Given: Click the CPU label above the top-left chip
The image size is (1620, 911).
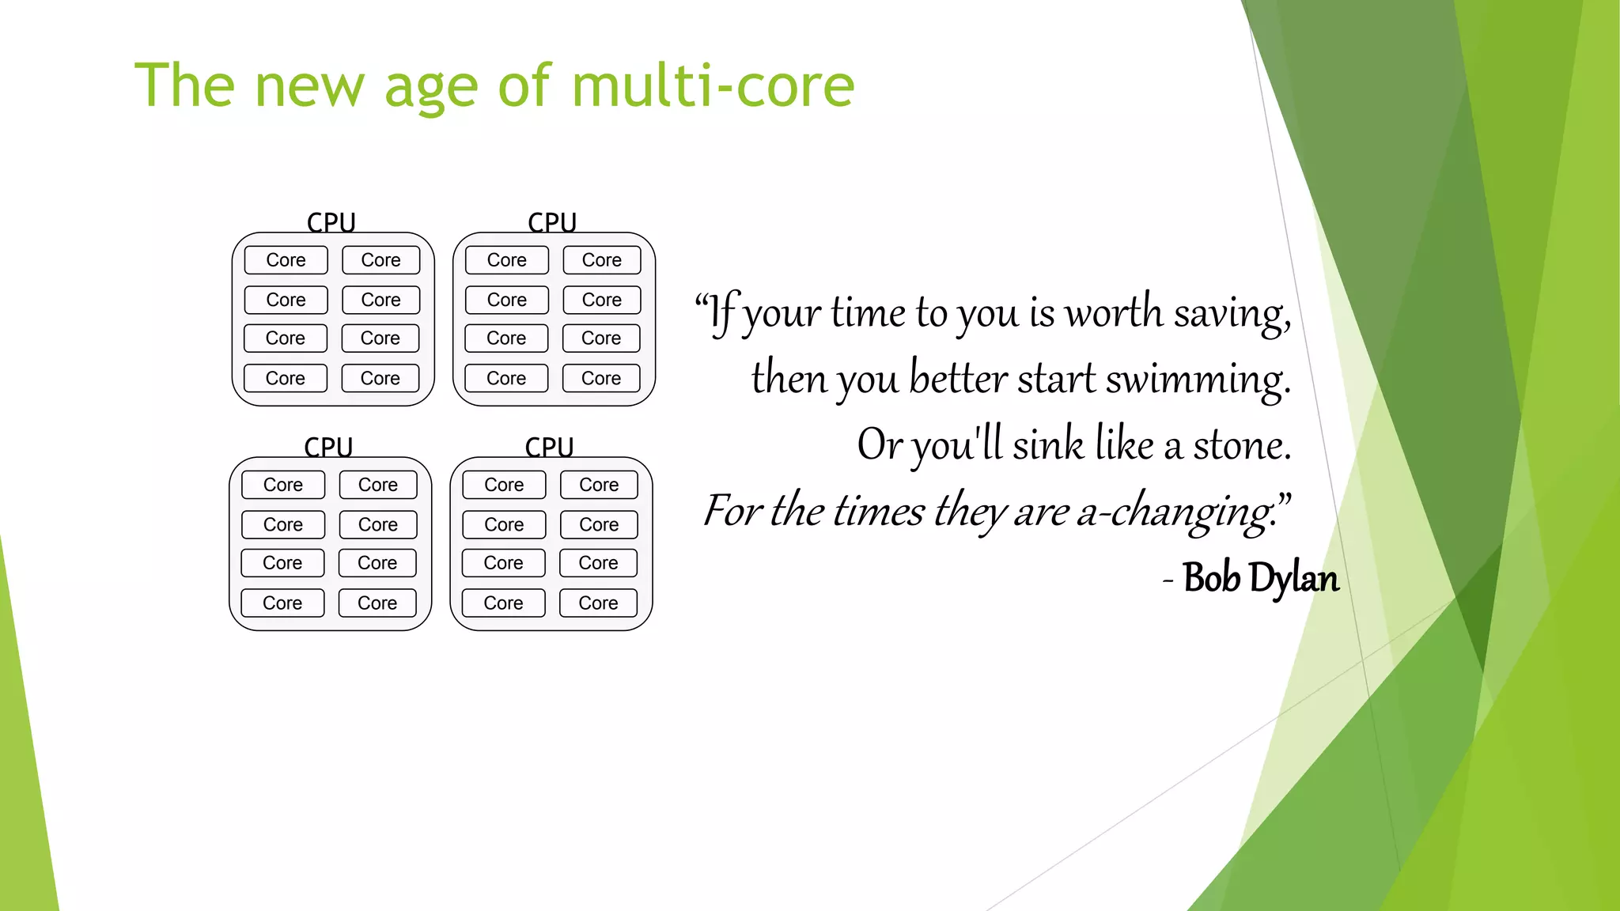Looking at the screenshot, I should coord(331,222).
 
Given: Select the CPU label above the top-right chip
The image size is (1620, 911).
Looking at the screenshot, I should coord(552,222).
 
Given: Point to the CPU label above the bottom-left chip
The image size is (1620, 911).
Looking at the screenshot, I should coord(328,447).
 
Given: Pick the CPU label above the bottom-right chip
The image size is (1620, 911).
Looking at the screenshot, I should coord(549,447).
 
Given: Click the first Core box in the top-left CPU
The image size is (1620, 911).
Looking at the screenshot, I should coord(286,260).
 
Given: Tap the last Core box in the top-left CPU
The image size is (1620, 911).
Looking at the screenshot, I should coord(380,378).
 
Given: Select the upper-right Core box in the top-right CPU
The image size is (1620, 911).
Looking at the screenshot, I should coord(602,260).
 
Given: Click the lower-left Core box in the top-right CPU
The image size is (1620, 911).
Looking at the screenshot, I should coord(506,378).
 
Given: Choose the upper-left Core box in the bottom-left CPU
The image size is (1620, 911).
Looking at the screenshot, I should coord(283,485).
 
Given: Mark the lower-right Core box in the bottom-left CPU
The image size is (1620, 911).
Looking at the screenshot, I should coord(377,603).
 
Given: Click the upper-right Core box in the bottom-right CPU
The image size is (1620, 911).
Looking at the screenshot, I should coord(599,485).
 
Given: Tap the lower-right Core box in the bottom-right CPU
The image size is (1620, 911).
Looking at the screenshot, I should coord(598,603).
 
